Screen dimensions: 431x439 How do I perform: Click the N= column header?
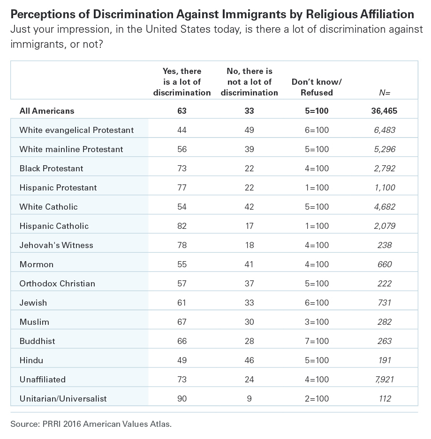point(385,93)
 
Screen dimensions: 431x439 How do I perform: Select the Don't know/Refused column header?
point(317,87)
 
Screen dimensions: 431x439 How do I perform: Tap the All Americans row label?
point(47,111)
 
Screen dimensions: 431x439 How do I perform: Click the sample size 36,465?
point(384,111)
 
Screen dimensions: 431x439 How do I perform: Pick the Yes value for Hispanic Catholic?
point(182,226)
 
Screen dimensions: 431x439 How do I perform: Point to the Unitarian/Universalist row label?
point(63,398)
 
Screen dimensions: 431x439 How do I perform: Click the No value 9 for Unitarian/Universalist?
point(249,398)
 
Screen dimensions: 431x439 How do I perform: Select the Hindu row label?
point(31,360)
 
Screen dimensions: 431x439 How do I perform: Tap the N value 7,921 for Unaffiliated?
point(385,380)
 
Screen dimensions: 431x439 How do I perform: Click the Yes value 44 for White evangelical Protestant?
point(182,130)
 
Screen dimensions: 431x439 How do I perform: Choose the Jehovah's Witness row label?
point(56,245)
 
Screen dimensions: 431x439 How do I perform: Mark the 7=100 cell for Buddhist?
point(317,341)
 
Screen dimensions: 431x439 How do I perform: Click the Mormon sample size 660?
point(385,264)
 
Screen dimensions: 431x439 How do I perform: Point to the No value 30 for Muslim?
point(249,322)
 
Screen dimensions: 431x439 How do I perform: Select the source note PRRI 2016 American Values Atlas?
point(91,424)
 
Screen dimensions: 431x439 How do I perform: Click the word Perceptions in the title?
point(43,15)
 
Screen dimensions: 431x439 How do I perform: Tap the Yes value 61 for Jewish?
point(182,303)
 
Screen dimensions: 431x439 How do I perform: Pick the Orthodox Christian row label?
point(57,284)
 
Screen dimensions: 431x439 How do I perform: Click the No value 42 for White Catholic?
point(249,207)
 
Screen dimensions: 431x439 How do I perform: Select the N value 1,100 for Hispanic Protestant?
point(385,188)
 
